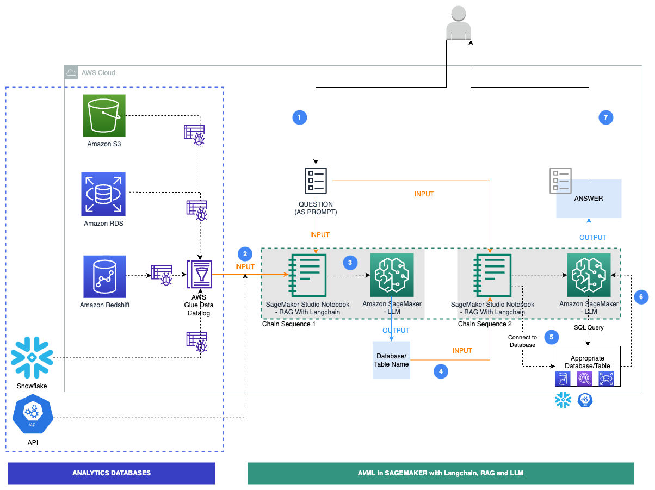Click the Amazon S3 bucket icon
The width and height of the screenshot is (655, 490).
pyautogui.click(x=104, y=115)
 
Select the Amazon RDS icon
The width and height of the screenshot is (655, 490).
pyautogui.click(x=103, y=194)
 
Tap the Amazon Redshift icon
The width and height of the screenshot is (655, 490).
pyautogui.click(x=104, y=277)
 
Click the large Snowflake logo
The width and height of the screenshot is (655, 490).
pyautogui.click(x=32, y=358)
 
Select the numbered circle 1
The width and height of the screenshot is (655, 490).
pyautogui.click(x=299, y=117)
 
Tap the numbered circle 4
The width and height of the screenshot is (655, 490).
pyautogui.click(x=441, y=371)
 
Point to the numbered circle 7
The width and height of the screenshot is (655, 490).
pyautogui.click(x=605, y=117)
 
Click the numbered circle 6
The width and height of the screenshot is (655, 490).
pyautogui.click(x=641, y=296)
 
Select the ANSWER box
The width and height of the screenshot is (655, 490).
pyautogui.click(x=589, y=199)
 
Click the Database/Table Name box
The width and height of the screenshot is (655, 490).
pyautogui.click(x=391, y=360)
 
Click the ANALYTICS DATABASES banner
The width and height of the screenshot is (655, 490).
pyautogui.click(x=112, y=473)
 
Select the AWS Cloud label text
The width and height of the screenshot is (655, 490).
pyautogui.click(x=98, y=73)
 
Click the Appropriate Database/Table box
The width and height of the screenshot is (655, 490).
pyautogui.click(x=588, y=366)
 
